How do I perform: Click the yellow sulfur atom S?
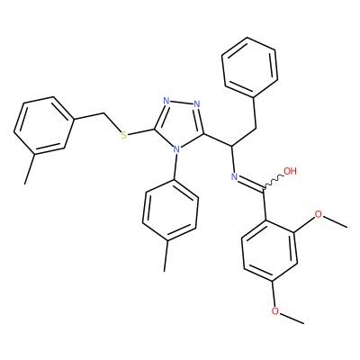123,135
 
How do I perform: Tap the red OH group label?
290,171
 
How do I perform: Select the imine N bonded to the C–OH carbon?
234,176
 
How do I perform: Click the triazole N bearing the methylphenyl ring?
177,149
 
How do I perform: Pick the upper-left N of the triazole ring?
166,101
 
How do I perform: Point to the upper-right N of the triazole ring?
197,104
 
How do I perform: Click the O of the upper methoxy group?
318,214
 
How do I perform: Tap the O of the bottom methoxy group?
274,311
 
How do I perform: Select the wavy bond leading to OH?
274,182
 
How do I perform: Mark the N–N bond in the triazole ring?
182,103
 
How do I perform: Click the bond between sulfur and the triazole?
140,132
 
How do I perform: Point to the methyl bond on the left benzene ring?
30,169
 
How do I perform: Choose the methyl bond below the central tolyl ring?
166,256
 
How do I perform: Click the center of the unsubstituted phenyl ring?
250,68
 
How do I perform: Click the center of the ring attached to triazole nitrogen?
170,210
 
